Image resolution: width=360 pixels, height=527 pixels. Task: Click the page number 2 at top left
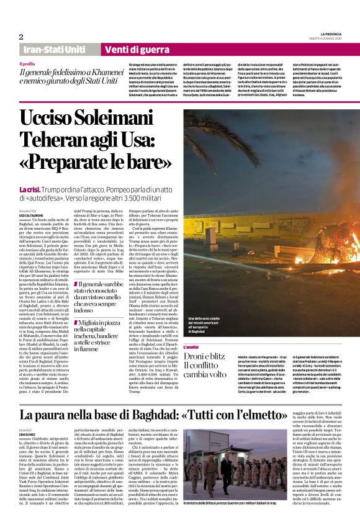(20, 37)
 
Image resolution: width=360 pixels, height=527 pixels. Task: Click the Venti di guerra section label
(117, 50)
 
